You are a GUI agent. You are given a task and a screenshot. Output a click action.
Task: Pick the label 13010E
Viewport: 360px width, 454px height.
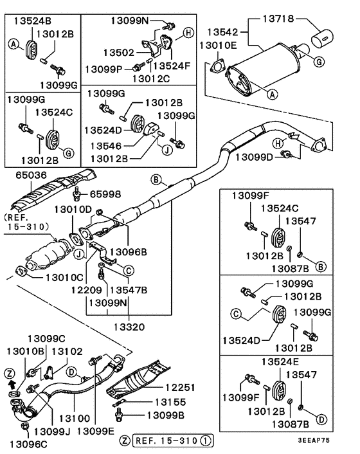(x=217, y=45)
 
